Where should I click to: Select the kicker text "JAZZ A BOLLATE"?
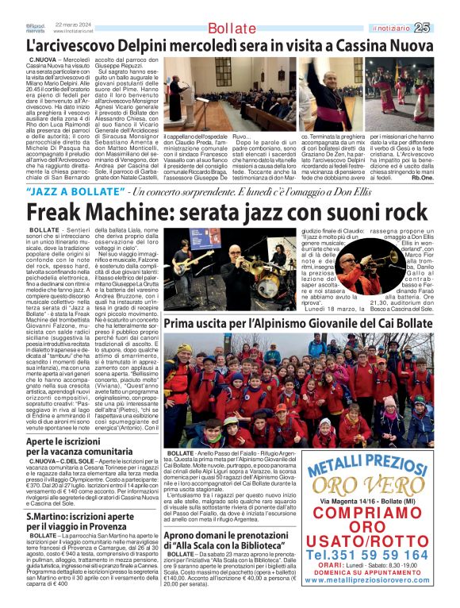[x=75, y=193]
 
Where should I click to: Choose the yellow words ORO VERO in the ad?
[x=375, y=483]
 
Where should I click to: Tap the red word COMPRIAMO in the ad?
[x=374, y=518]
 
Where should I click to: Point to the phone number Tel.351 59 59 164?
[x=375, y=554]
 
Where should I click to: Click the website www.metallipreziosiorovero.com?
[x=374, y=581]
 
